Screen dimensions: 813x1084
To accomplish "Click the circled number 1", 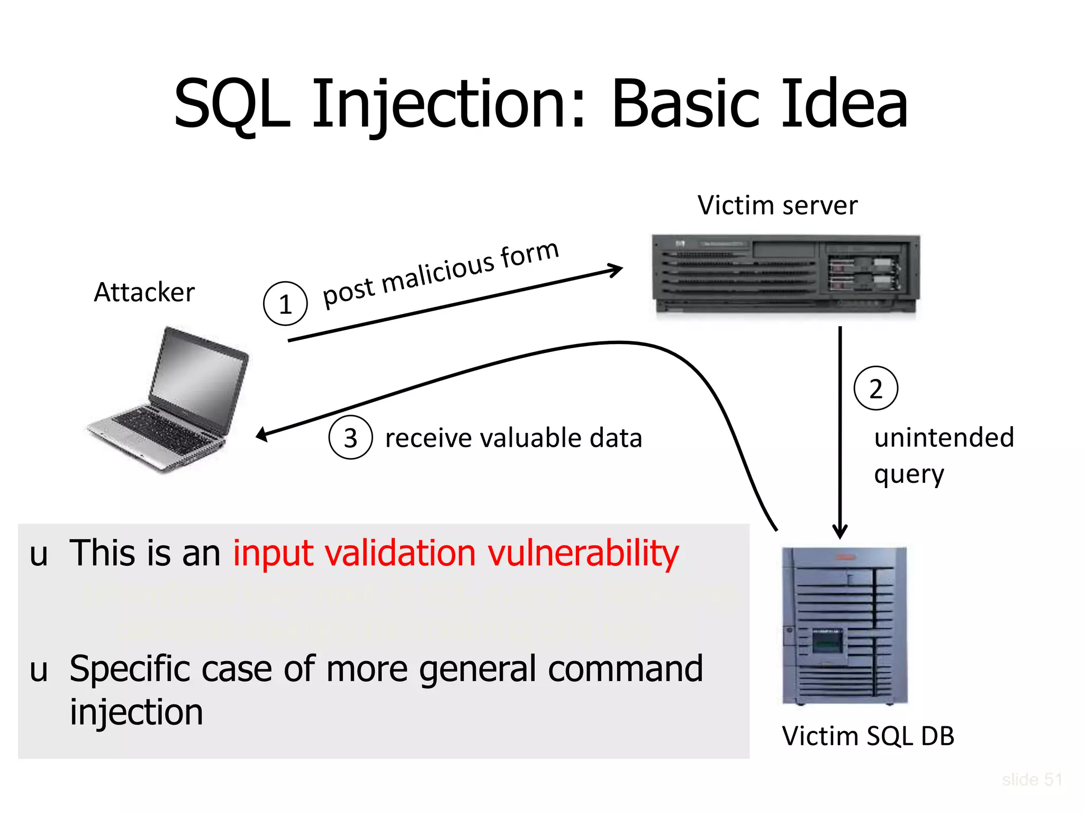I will pos(285,304).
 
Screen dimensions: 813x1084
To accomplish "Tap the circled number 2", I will pos(875,389).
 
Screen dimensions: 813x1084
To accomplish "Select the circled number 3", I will pos(350,438).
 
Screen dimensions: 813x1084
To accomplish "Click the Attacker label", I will pos(144,292).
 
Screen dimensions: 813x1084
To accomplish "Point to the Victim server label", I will pos(777,205).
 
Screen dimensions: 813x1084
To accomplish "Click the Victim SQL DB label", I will pos(868,736).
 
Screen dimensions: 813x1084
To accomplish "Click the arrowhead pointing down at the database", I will pos(840,532).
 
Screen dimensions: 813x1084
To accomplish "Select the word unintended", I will pos(944,438).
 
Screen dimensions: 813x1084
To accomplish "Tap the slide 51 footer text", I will pos(1032,780).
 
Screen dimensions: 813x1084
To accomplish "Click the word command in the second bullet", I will pos(625,669).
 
